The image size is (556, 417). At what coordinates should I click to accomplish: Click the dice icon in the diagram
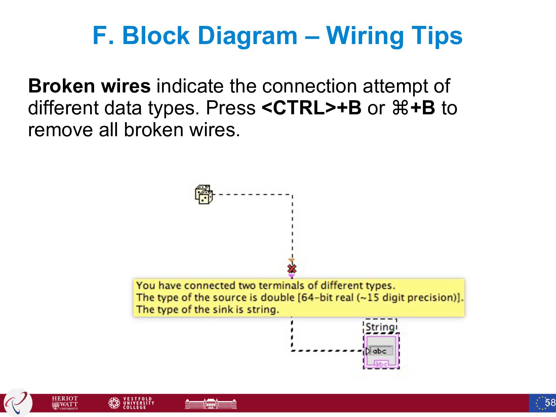(204, 194)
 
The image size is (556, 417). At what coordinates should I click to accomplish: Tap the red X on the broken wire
(292, 268)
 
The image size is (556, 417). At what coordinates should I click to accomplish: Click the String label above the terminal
(380, 327)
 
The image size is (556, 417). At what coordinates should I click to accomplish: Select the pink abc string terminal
(381, 351)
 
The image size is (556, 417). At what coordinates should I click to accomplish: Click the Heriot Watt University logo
(65, 403)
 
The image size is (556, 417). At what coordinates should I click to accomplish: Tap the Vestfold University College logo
(131, 403)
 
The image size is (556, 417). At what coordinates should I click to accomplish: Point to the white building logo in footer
(211, 403)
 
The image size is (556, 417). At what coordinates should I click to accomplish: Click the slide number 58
(550, 403)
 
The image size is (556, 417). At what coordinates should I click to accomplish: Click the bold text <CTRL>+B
(311, 108)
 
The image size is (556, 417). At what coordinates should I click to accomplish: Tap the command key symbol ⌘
(400, 108)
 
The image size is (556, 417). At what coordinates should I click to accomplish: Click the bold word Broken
(61, 86)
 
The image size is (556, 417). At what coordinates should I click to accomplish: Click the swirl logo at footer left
(17, 403)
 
